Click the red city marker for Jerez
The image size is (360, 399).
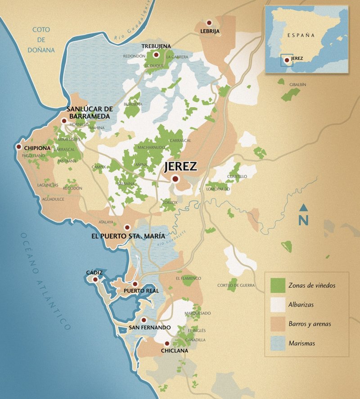(175, 179)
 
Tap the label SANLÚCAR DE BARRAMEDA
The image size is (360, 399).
(88, 113)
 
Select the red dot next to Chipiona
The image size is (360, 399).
(19, 147)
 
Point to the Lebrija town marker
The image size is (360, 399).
(209, 23)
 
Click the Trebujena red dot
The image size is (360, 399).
(156, 55)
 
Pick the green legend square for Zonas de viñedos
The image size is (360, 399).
(278, 285)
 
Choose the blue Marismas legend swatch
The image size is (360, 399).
(278, 343)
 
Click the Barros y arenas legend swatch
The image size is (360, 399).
(278, 323)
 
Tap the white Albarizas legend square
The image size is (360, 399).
(278, 304)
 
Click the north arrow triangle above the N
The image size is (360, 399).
(304, 208)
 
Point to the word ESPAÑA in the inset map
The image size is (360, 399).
(302, 35)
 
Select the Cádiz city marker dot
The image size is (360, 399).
(95, 279)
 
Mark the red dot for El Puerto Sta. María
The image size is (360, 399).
(127, 227)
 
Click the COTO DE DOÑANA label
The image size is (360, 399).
(43, 40)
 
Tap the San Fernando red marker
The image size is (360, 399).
(144, 320)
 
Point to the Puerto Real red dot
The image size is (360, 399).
(135, 284)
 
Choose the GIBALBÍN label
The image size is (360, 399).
(297, 85)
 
